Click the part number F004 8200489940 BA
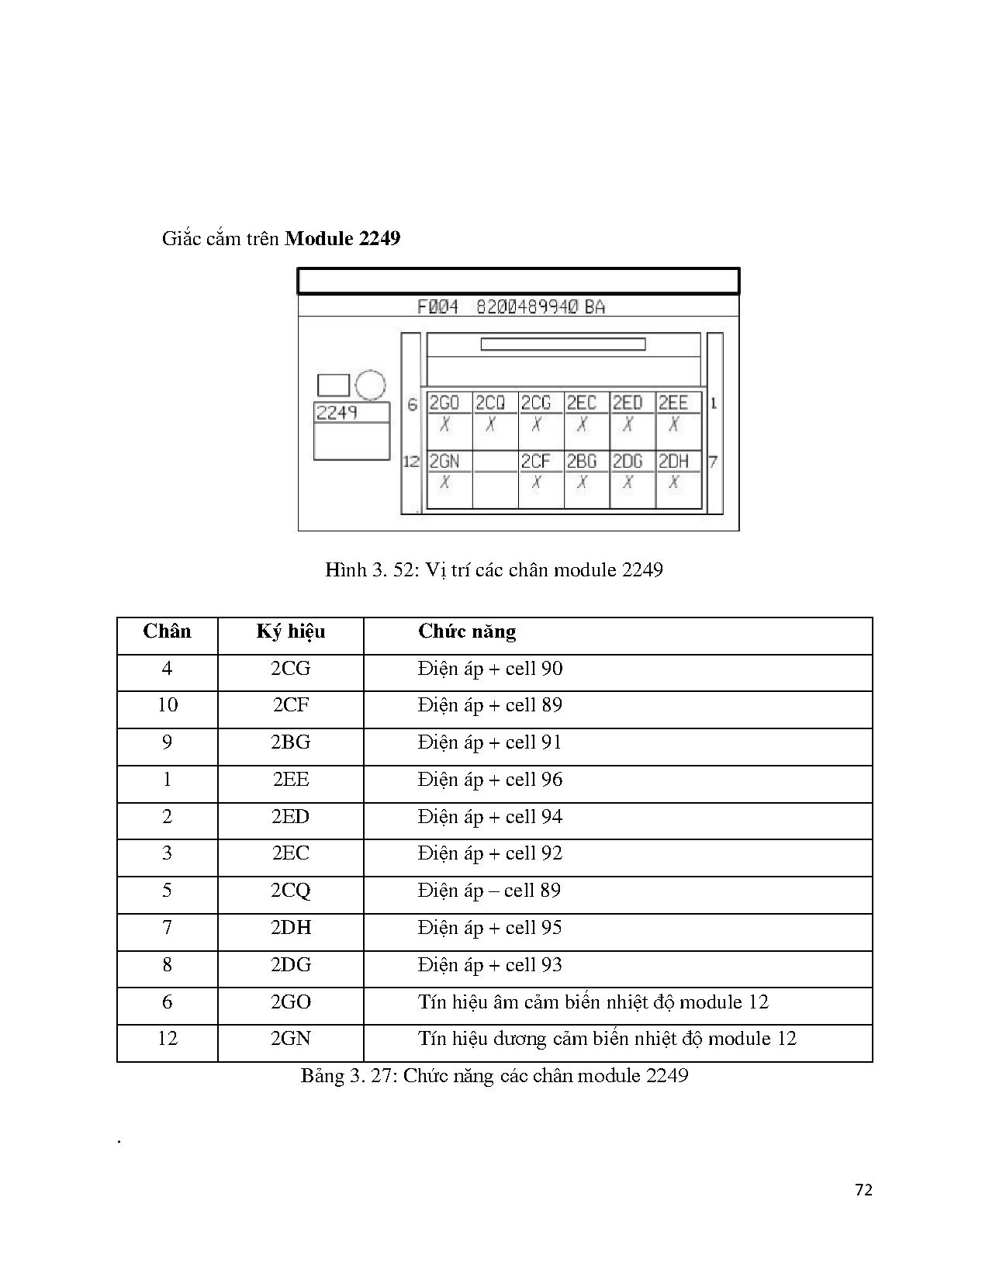tap(510, 307)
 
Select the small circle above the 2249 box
tap(371, 386)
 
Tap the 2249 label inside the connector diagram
tap(337, 413)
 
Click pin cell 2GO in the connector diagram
tap(449, 420)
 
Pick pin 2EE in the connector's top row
tap(678, 420)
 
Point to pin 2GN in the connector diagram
tap(449, 479)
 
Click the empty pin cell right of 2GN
tap(496, 479)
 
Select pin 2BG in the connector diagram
tap(586, 479)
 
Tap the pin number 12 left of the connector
tap(411, 462)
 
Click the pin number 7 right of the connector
tap(714, 462)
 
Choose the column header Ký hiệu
tap(290, 632)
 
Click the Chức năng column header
tap(467, 631)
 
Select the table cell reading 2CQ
tap(290, 890)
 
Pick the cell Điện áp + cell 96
tap(490, 780)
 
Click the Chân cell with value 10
tap(168, 705)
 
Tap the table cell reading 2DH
tap(290, 927)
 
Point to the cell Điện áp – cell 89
tap(489, 890)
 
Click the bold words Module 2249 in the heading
tap(343, 239)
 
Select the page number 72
tap(863, 1190)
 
